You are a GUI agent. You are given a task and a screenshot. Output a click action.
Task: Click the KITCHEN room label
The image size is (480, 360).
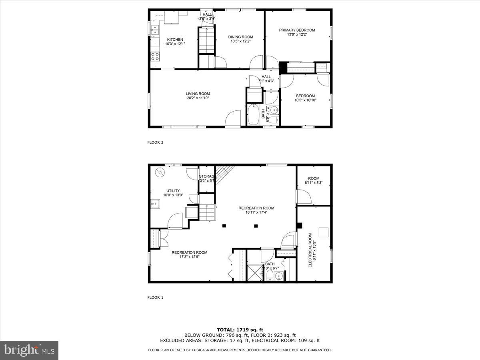(x=175, y=39)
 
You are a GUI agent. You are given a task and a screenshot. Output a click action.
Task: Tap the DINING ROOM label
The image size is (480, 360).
(x=240, y=37)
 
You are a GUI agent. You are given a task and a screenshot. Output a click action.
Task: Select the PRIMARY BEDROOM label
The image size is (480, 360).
(x=297, y=30)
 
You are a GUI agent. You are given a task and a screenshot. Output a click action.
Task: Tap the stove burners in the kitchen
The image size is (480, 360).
(x=155, y=57)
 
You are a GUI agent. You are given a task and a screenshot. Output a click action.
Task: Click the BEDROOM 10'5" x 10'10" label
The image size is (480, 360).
(x=305, y=96)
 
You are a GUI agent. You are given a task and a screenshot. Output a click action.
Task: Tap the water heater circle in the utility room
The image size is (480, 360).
(x=160, y=172)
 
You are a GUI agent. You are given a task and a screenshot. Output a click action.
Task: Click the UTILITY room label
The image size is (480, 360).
(x=173, y=191)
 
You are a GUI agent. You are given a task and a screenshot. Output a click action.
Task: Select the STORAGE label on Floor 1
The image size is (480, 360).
(x=207, y=176)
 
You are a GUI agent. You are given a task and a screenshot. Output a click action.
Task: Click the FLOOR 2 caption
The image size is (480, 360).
(x=156, y=142)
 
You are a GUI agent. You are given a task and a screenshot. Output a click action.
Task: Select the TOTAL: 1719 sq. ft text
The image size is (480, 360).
(x=240, y=329)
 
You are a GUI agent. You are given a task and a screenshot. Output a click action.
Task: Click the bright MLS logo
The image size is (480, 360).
(x=29, y=350)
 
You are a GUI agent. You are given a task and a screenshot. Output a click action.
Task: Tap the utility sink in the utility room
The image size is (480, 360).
(x=155, y=204)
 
